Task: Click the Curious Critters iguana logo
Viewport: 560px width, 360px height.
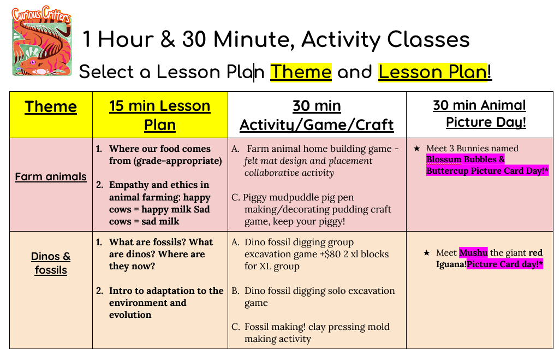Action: [x=42, y=40]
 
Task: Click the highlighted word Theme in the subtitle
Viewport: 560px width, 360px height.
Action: [x=301, y=72]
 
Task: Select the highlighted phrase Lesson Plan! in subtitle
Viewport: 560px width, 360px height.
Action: [x=435, y=72]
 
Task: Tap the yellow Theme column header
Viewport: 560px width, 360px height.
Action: [x=51, y=107]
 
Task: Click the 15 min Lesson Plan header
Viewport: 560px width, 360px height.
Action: [x=159, y=115]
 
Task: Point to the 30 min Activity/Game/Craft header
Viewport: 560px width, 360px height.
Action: [x=317, y=115]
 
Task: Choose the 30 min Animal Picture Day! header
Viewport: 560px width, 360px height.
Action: [x=480, y=113]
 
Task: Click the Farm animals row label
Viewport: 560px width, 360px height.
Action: [x=51, y=176]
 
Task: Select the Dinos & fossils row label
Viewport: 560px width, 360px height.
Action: [x=51, y=263]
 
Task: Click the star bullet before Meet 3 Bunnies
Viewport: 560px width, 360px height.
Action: [x=417, y=149]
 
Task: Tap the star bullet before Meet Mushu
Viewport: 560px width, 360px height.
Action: [x=426, y=253]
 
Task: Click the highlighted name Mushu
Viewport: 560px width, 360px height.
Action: [x=473, y=253]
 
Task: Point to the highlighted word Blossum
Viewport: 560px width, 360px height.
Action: [x=444, y=159]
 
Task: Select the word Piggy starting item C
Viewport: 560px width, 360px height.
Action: [x=255, y=197]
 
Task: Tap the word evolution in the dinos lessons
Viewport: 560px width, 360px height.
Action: [x=130, y=315]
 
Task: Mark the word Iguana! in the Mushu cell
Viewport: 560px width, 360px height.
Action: [x=451, y=264]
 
